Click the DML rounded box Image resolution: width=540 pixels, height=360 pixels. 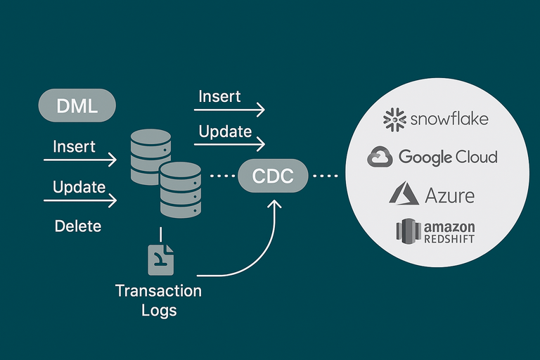coord(77,107)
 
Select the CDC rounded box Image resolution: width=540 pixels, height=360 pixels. coord(274,176)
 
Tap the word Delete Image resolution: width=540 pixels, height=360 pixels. coord(78,226)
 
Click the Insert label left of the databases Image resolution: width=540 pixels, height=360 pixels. coord(75,147)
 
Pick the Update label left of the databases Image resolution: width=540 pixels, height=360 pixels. coord(79,187)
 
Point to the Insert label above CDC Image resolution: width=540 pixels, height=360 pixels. coord(219,96)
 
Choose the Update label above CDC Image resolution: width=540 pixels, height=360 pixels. coord(225,131)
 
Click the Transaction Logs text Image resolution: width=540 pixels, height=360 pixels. coord(158,300)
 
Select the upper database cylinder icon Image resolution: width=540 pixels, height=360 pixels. coord(151,157)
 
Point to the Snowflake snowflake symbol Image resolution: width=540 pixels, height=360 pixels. coord(395,120)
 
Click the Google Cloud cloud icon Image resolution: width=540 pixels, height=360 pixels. coord(380,157)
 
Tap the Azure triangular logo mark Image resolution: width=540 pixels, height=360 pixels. coord(404,193)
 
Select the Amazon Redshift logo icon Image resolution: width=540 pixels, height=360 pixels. coord(407,231)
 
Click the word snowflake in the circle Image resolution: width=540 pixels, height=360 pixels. coord(449,119)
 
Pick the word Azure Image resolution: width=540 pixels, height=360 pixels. coord(449,195)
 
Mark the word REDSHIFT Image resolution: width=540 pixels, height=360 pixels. coord(449,239)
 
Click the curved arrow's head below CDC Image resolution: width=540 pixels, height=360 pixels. coord(274,202)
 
